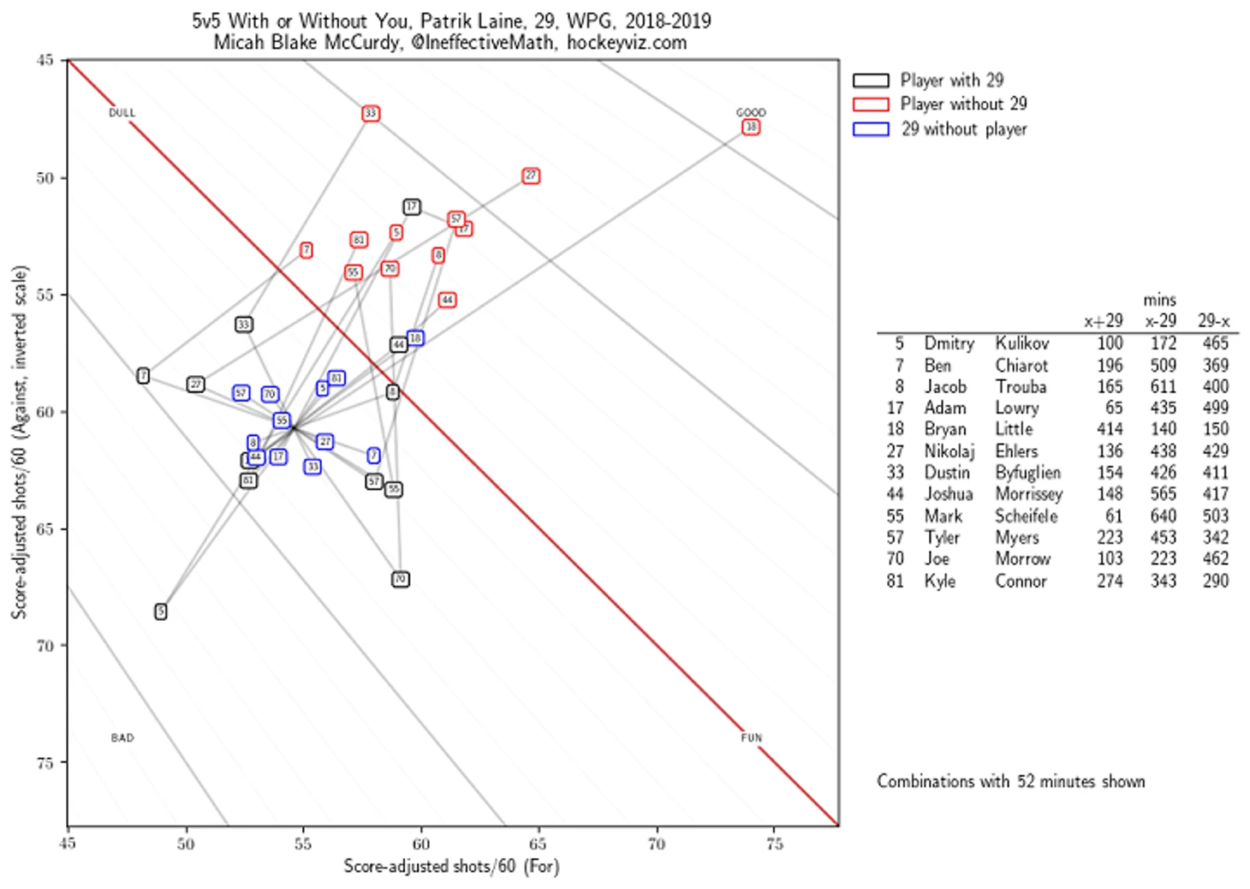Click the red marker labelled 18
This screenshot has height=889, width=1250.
(750, 127)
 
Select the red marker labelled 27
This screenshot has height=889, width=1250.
(531, 176)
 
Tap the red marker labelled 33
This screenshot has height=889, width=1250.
(370, 113)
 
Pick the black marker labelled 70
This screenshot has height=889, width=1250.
(400, 579)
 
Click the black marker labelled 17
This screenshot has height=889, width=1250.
(412, 206)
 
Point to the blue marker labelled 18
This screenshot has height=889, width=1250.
(415, 337)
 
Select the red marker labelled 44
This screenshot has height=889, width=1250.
(447, 300)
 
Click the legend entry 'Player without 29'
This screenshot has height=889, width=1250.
(963, 104)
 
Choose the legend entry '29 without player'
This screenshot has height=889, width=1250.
(963, 129)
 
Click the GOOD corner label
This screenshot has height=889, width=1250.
(751, 112)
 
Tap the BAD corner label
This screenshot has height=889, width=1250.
(122, 737)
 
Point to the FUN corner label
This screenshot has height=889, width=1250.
(751, 737)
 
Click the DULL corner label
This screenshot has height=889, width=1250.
(122, 112)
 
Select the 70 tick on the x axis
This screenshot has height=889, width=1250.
(656, 844)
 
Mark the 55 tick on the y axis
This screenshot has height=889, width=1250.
(45, 295)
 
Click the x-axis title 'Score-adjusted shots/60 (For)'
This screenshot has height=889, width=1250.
(451, 866)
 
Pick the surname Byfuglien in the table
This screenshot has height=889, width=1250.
(1027, 473)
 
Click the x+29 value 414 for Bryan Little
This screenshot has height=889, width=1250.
(1110, 429)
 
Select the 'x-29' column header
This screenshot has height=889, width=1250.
(1161, 321)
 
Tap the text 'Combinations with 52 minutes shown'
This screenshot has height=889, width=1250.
(1010, 781)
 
